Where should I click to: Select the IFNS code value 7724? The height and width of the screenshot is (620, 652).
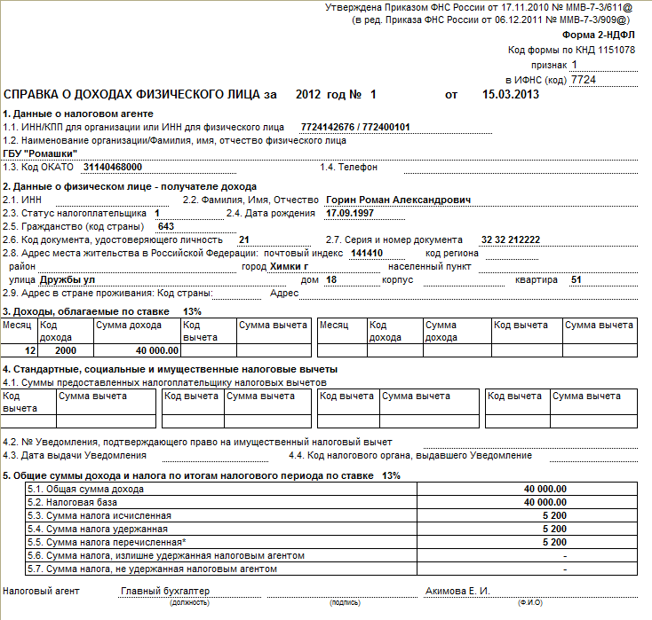tap(583, 79)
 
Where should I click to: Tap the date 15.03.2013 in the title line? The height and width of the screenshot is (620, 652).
tap(510, 94)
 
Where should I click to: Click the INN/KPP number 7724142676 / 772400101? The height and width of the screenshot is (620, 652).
tap(355, 127)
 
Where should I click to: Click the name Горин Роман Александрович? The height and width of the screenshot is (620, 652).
tap(399, 200)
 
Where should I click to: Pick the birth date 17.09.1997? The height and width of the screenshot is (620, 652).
tap(346, 213)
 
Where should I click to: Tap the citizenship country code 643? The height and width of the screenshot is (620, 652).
tap(165, 226)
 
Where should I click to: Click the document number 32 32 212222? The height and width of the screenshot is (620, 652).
tap(510, 239)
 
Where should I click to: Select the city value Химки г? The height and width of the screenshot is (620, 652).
tap(289, 266)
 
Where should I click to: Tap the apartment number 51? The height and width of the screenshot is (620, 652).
tap(576, 279)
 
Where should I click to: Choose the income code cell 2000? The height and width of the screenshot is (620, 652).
tap(53, 350)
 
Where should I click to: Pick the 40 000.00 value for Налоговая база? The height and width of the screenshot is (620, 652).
tap(545, 502)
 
